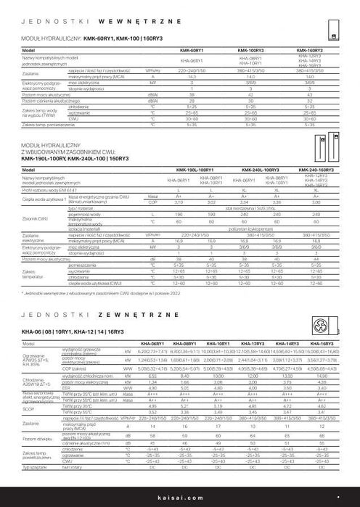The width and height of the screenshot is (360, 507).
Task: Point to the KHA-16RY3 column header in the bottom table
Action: [321, 342]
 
